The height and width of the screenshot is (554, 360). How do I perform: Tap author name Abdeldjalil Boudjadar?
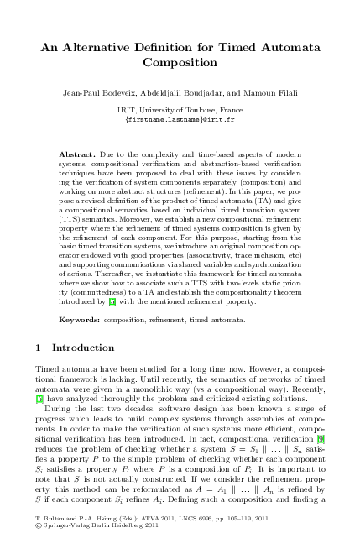193,91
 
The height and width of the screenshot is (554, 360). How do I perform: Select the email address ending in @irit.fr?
180,120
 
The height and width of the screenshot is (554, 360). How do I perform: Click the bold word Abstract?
78,156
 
